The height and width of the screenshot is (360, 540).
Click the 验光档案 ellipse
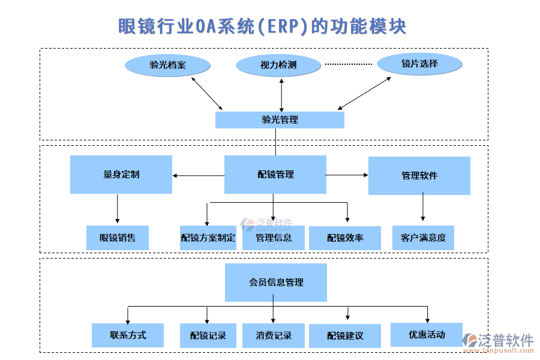click(167, 65)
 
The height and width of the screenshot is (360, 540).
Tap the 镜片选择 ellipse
click(419, 64)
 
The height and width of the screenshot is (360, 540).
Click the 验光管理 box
click(280, 119)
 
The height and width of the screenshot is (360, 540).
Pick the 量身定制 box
click(121, 175)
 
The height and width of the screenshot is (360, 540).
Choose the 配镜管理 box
click(275, 175)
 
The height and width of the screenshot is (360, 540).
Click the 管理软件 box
click(419, 175)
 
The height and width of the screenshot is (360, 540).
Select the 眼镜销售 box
click(117, 238)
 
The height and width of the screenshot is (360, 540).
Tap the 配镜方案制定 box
click(208, 238)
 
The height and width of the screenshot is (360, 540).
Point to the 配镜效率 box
click(345, 238)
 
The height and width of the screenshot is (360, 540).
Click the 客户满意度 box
click(423, 238)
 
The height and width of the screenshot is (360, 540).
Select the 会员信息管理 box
click(275, 282)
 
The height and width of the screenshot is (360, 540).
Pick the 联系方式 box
click(128, 335)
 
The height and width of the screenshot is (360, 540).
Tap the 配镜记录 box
click(208, 335)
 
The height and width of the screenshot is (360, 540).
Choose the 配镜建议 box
click(345, 335)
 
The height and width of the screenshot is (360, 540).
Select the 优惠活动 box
click(427, 334)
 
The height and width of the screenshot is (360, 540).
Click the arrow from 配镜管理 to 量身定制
click(198, 176)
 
